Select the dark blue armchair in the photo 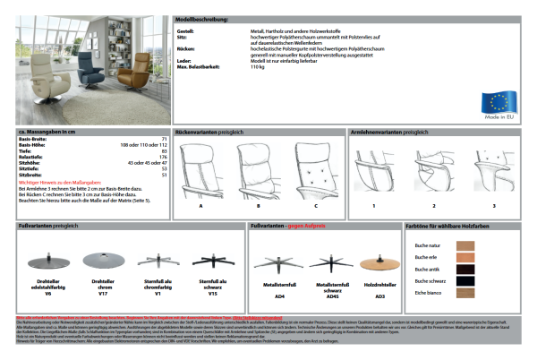click(x=111, y=72)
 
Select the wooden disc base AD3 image click(x=380, y=263)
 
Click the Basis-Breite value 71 click(x=164, y=140)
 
